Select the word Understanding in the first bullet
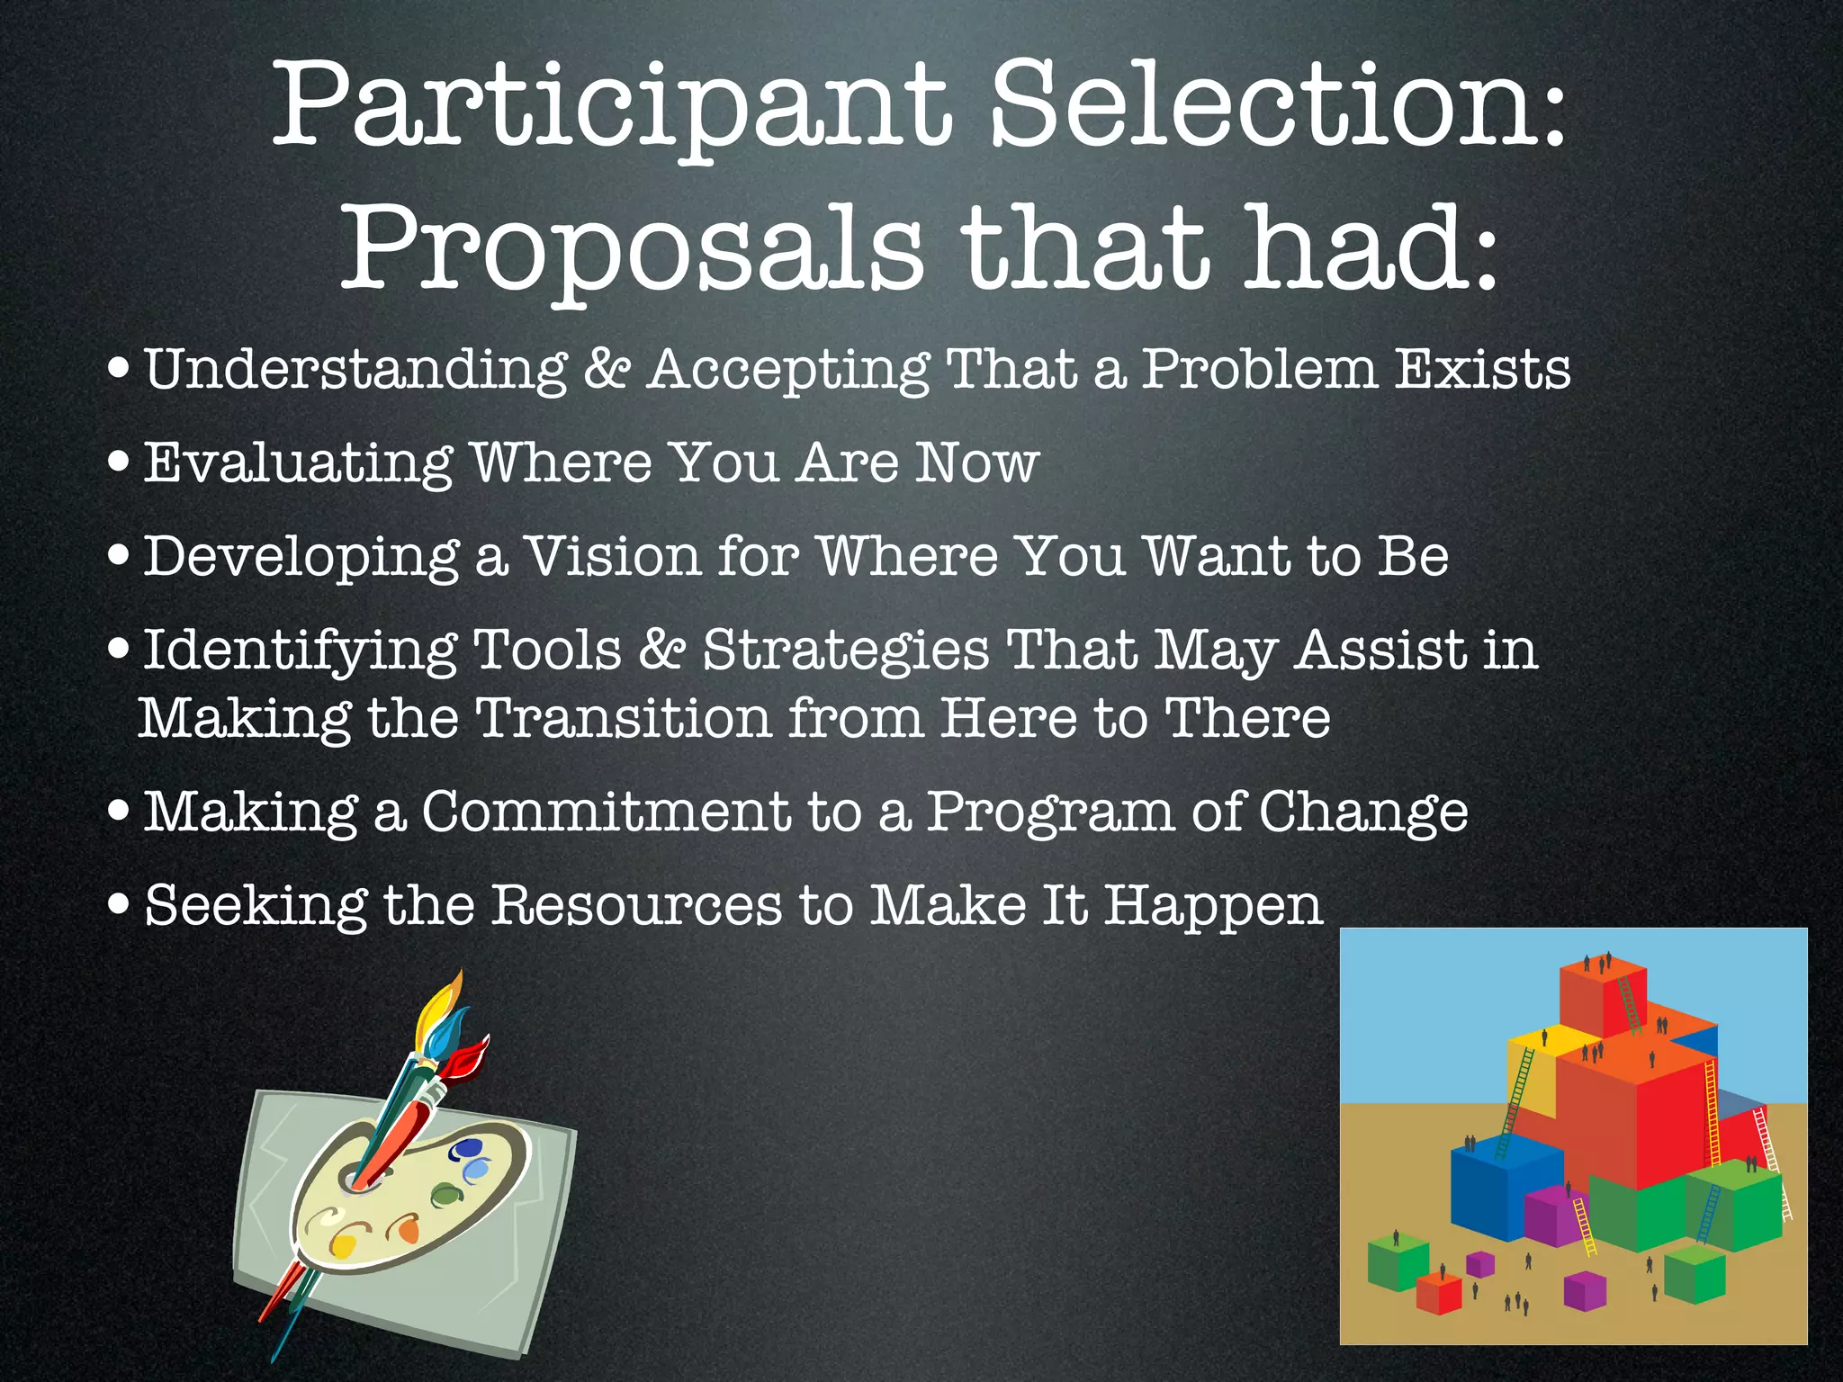pos(355,369)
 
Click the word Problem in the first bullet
pos(1260,369)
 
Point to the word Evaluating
pos(297,463)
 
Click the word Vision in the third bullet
pos(612,556)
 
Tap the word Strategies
pos(846,650)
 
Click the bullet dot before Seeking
pos(117,904)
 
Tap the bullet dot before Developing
pos(117,555)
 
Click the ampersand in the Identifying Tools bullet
pos(661,650)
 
